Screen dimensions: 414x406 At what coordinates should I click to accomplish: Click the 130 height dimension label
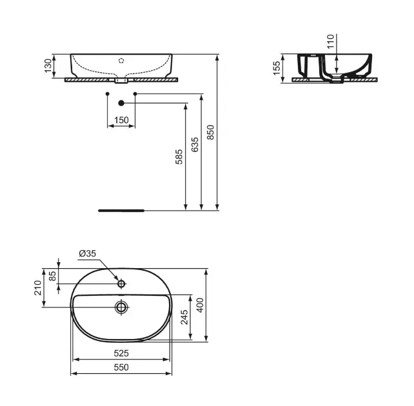coord(48,66)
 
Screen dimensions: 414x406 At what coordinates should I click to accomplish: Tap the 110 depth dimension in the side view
coord(331,41)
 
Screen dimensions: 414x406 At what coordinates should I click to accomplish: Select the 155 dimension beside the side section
coord(277,68)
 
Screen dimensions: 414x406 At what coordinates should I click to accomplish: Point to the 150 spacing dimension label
coord(121,120)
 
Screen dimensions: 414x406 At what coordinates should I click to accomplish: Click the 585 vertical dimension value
coord(179,157)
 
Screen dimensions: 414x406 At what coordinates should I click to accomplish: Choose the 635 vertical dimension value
coord(195,144)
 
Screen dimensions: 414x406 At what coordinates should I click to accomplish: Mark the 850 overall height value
coord(210,132)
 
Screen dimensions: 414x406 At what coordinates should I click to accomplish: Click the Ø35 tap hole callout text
coord(88,253)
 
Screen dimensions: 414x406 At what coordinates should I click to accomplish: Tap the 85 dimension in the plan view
coord(53,276)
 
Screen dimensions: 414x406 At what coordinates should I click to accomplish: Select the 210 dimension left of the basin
coord(38,288)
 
